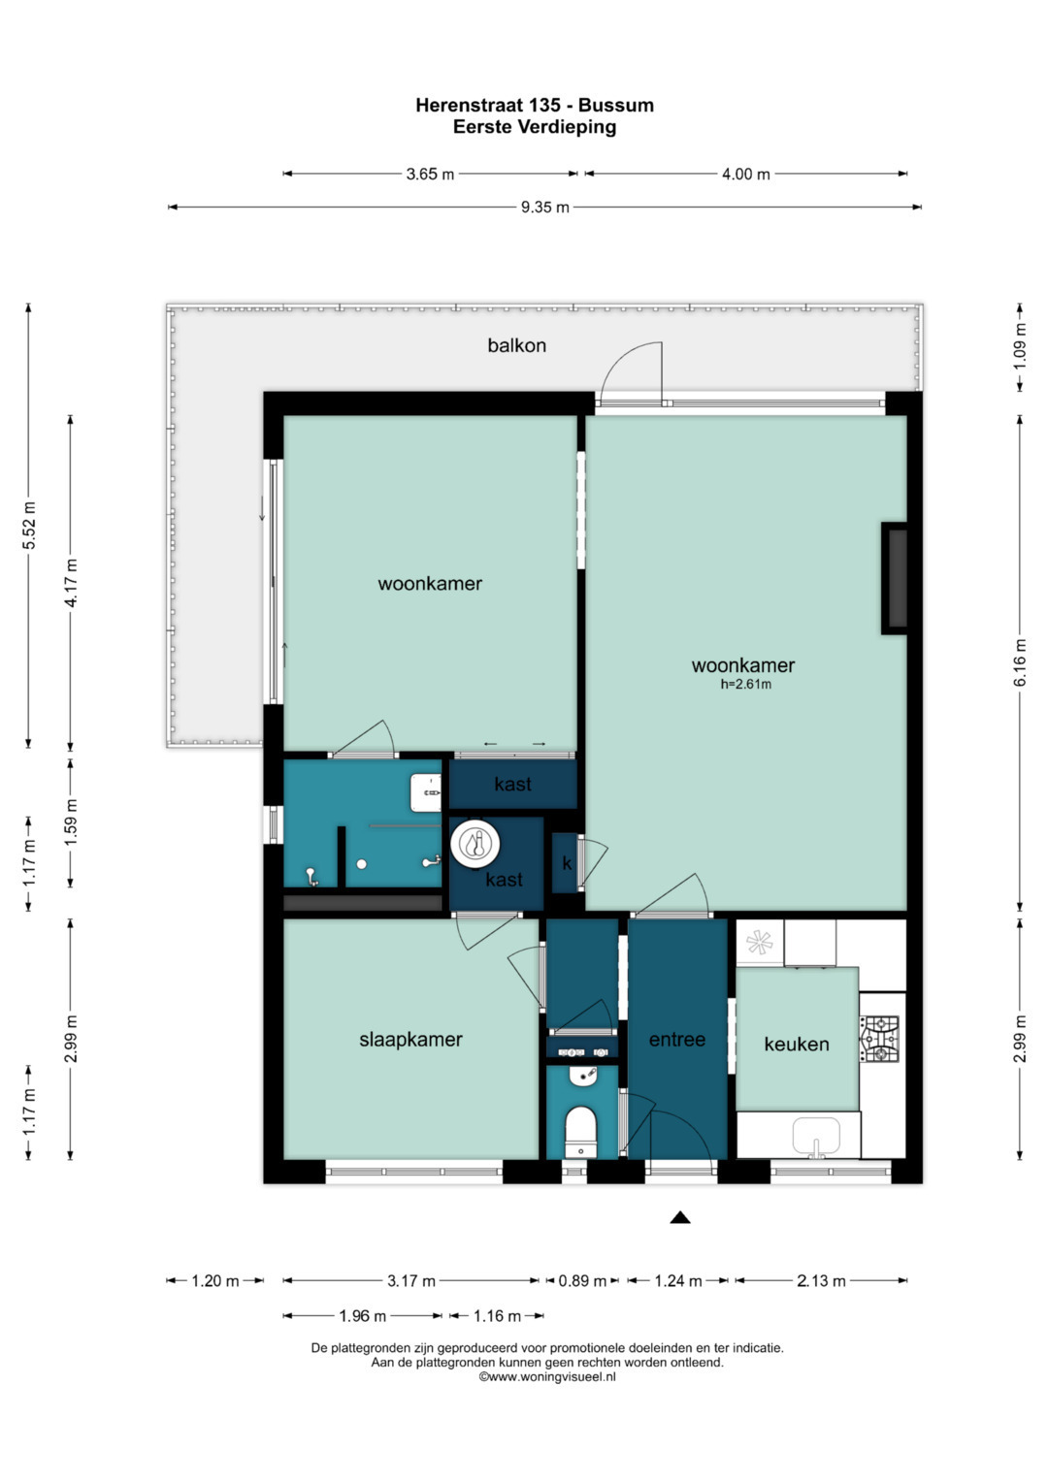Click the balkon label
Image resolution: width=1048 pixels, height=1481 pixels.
(516, 345)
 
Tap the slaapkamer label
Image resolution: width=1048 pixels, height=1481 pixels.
(410, 1040)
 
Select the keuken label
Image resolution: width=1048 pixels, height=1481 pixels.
(796, 1045)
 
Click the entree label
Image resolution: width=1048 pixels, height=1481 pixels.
(676, 1040)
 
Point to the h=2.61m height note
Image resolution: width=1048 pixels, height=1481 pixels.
(745, 685)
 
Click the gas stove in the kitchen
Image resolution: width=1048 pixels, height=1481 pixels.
(879, 1039)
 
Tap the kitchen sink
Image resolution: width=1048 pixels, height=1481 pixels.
(815, 1136)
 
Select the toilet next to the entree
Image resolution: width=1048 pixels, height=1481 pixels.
(580, 1130)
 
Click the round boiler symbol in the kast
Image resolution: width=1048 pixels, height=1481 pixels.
(475, 844)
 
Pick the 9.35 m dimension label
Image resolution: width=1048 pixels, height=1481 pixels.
(544, 207)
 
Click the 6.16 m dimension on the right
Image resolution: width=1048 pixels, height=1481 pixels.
(1020, 663)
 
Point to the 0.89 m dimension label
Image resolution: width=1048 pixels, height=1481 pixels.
(581, 1281)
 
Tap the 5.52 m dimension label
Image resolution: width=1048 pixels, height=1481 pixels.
(29, 526)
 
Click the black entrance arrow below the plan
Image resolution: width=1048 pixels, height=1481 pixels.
(680, 1217)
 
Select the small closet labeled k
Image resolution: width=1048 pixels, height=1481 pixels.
(566, 863)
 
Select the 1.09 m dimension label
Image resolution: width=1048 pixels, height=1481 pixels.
(1020, 347)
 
